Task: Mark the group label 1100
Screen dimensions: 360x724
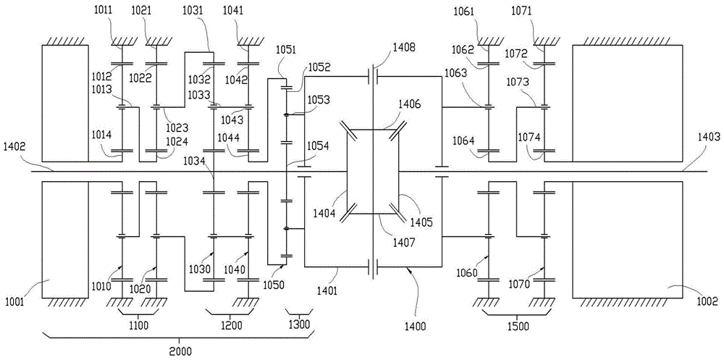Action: (138, 326)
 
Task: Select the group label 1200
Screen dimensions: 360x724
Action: (230, 326)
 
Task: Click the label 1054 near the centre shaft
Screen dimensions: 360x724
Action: (319, 146)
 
